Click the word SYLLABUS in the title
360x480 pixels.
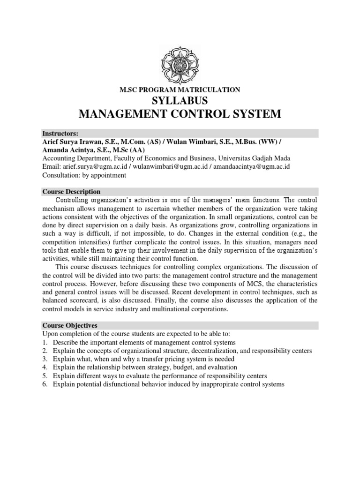(180, 101)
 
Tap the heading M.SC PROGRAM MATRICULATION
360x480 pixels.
(180, 90)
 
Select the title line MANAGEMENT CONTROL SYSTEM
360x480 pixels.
(180, 114)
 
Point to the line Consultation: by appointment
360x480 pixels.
(84, 175)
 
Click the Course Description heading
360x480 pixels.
(71, 192)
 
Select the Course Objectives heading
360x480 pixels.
(70, 325)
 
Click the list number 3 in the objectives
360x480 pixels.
(45, 359)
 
